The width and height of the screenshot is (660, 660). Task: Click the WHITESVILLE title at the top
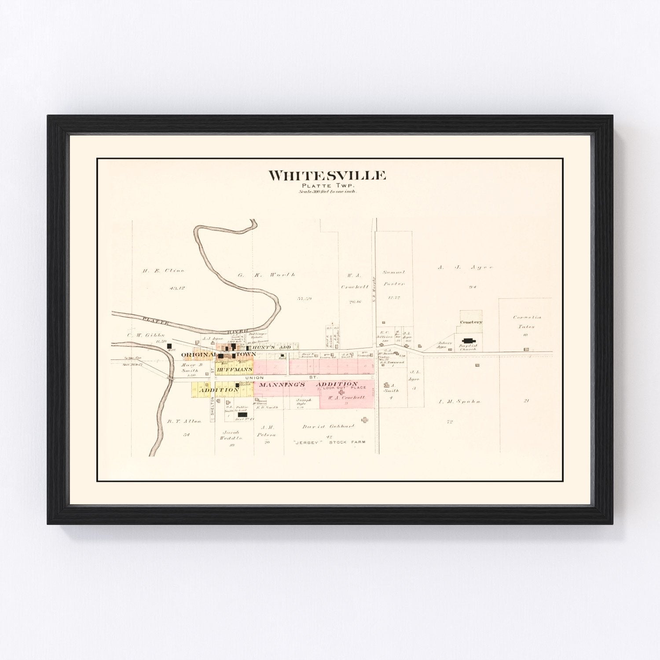327,176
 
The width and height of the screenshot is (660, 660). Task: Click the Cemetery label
471,322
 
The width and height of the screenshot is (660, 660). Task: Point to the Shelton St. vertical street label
212,409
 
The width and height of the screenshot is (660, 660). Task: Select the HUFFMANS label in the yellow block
234,370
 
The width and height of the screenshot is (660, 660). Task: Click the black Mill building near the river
169,347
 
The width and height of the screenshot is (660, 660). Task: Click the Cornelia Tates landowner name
527,322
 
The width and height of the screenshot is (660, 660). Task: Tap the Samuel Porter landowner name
393,278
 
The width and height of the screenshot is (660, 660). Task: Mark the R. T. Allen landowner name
184,421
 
